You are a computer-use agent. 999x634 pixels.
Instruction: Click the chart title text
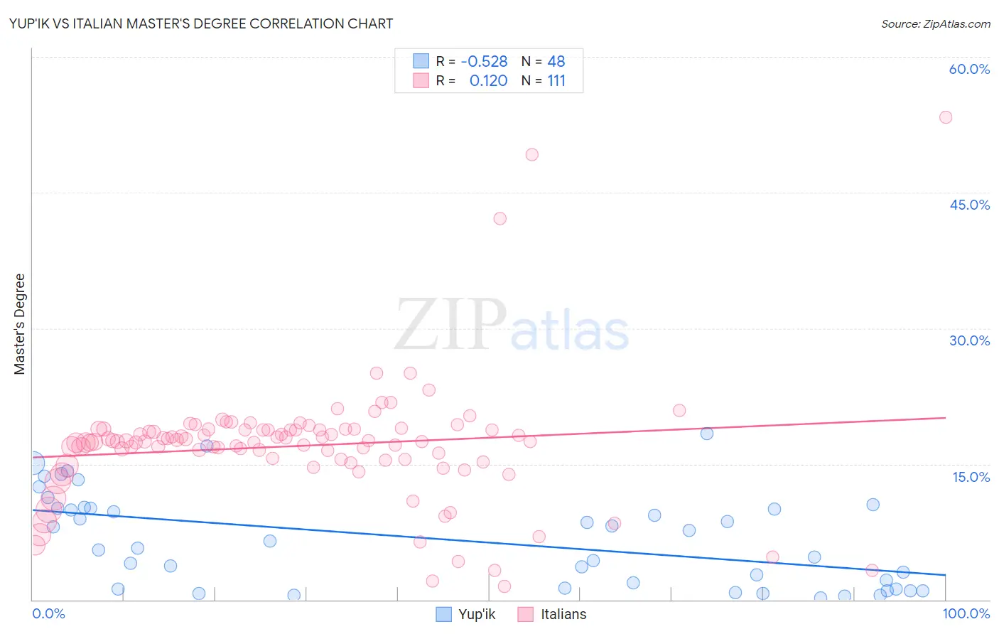point(201,23)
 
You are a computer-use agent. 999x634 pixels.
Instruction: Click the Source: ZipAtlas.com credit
point(935,23)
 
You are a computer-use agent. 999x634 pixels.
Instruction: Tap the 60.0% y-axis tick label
point(969,69)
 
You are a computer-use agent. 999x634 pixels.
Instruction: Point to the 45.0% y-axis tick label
point(969,205)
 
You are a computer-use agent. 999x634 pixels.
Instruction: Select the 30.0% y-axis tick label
point(969,340)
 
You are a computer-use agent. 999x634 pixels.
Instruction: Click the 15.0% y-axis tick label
point(971,477)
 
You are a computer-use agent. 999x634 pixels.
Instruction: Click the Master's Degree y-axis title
point(20,324)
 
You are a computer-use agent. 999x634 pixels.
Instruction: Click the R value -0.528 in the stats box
point(484,61)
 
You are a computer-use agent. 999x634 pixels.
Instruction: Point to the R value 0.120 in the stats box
point(488,80)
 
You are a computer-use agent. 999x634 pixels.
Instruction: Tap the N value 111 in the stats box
point(556,80)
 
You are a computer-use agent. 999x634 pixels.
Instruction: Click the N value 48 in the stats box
point(556,61)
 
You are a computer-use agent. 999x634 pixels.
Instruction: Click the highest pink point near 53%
point(945,117)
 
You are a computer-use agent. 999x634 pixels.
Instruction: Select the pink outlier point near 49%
point(531,154)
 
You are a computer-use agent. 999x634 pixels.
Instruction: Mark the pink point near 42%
point(499,218)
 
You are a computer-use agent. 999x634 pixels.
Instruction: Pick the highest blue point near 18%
point(706,434)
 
